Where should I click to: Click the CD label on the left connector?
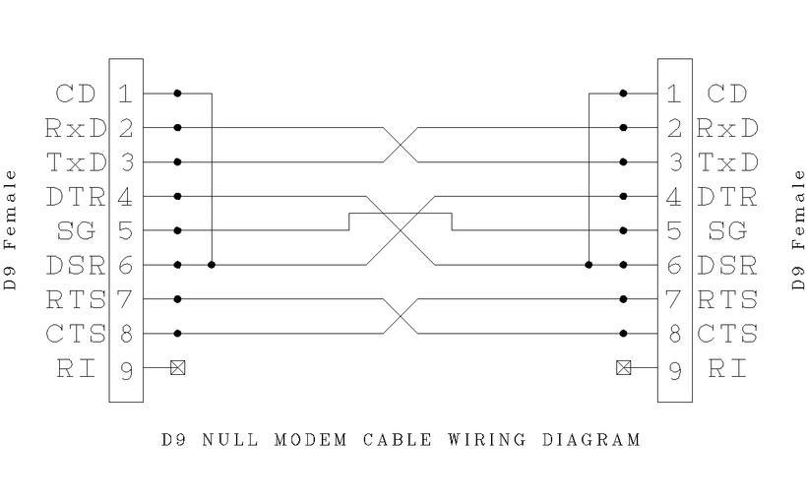[x=75, y=94]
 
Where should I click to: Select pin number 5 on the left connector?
[x=125, y=230]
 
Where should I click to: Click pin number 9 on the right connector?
[x=674, y=368]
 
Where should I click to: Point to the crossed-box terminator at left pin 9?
[x=178, y=368]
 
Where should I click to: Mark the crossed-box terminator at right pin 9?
[x=623, y=368]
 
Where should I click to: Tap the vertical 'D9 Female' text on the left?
[x=11, y=229]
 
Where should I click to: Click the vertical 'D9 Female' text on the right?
[x=798, y=229]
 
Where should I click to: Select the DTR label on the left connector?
[x=75, y=197]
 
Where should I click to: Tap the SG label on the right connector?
[x=728, y=230]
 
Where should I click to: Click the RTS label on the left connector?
[x=75, y=299]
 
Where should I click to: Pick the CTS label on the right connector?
[x=728, y=334]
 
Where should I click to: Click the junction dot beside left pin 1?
[x=178, y=94]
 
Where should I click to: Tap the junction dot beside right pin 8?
[x=623, y=334]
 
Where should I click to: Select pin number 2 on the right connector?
[x=674, y=128]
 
